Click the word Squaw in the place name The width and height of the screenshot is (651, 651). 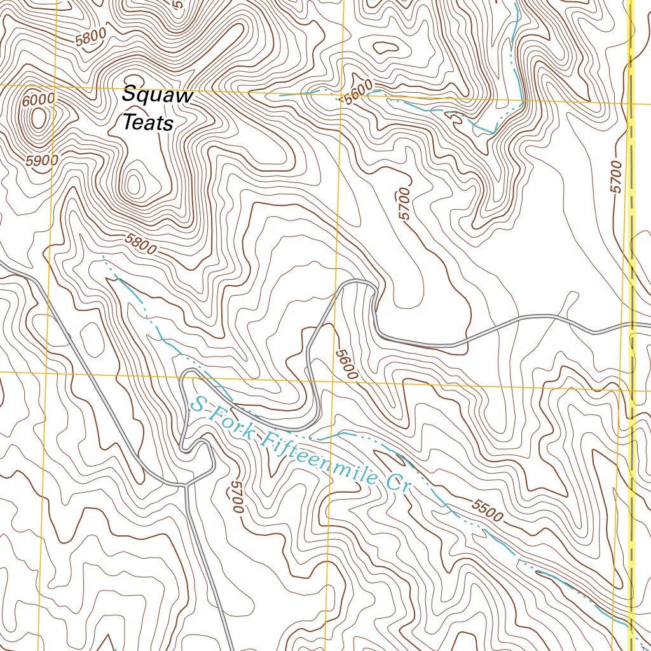157,95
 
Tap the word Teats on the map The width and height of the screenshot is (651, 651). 147,122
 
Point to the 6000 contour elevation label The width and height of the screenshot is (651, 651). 38,100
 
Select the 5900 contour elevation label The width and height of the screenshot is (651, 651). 43,161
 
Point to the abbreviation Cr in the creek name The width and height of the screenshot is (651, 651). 397,483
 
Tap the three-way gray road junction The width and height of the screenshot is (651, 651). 186,485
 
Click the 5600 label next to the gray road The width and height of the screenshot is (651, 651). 348,365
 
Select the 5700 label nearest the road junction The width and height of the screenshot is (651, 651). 235,497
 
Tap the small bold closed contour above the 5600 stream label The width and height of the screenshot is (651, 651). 385,47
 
